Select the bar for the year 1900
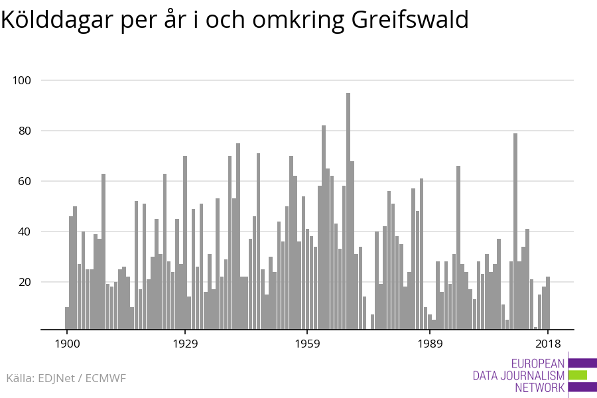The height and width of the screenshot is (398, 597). click(x=67, y=318)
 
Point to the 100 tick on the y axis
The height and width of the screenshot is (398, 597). click(x=22, y=80)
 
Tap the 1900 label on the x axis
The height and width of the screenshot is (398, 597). click(x=67, y=344)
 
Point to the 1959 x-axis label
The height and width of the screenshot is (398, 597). click(x=307, y=344)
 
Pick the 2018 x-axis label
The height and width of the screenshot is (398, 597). click(x=548, y=344)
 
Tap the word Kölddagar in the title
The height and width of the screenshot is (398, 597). click(x=57, y=21)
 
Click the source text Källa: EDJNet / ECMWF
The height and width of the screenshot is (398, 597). click(x=66, y=378)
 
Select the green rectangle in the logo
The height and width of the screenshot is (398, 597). click(x=578, y=375)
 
